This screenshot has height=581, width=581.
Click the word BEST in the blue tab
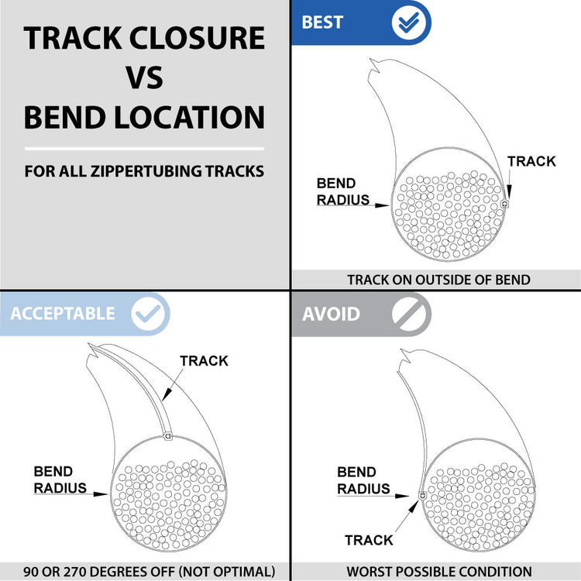[322, 22]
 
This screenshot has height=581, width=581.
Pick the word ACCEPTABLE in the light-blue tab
[63, 314]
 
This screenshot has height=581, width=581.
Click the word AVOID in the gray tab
[331, 314]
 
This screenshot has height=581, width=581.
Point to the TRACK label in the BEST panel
[531, 161]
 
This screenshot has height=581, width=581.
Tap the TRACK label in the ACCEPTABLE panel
[204, 360]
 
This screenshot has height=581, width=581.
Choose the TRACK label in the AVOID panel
[369, 540]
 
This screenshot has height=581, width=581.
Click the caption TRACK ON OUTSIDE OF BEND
[438, 280]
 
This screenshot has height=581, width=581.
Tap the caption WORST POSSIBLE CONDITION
[439, 572]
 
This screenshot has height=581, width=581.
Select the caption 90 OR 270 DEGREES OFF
[148, 572]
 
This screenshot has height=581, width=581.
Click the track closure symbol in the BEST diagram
[504, 203]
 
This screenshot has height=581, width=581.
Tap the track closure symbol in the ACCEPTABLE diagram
[168, 437]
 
